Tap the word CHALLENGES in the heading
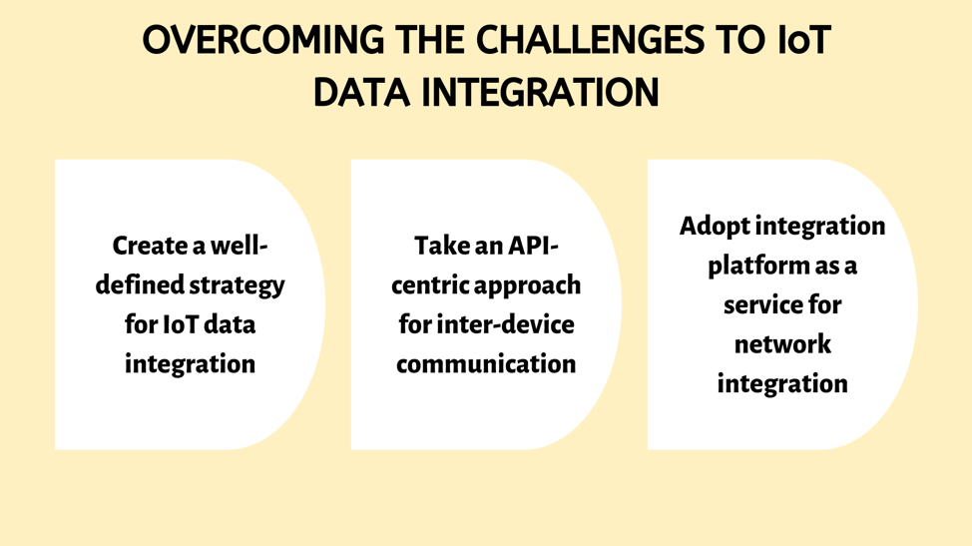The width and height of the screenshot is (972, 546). [x=590, y=40]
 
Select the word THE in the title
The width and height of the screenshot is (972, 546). [x=429, y=40]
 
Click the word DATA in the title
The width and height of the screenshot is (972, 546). [x=361, y=93]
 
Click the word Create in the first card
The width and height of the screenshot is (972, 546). [x=150, y=246]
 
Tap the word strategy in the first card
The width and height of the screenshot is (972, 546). [x=237, y=286]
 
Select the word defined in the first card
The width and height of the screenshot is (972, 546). [x=140, y=285]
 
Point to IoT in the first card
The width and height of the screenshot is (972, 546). [x=181, y=324]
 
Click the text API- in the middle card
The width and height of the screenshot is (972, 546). [x=533, y=246]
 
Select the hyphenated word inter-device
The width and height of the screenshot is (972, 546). [x=505, y=324]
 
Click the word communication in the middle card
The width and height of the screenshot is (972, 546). [x=486, y=364]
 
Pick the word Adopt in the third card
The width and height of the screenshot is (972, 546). [x=715, y=227]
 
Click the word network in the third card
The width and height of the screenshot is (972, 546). [x=782, y=344]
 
